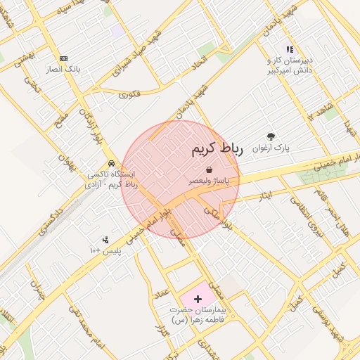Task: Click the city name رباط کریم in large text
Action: pos(216,149)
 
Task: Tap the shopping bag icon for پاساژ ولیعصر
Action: pos(210,169)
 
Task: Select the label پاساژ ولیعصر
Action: pos(210,181)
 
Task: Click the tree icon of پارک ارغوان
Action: pos(271,136)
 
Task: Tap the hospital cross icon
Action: pos(197,299)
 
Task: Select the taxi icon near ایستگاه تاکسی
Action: pos(112,162)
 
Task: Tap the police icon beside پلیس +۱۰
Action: pos(105,240)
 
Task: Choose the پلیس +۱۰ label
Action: pos(105,251)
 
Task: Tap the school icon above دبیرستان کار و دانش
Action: pos(288,49)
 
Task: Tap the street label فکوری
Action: pos(129,93)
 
